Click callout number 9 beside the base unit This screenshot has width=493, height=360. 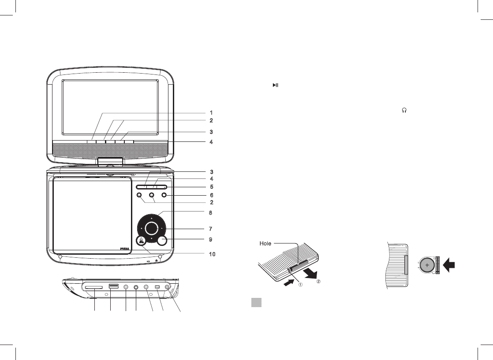(x=211, y=239)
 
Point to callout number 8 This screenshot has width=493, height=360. (x=211, y=213)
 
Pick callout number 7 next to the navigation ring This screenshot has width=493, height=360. (x=211, y=229)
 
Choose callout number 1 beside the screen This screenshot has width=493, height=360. (x=211, y=112)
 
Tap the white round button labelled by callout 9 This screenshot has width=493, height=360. (x=162, y=240)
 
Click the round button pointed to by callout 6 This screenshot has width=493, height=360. (x=164, y=195)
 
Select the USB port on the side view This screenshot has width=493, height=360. (x=113, y=287)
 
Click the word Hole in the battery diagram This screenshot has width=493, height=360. (x=265, y=244)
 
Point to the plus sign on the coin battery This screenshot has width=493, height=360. (x=427, y=265)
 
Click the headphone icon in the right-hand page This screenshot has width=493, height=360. (x=403, y=112)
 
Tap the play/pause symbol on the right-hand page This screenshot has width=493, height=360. (x=275, y=85)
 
